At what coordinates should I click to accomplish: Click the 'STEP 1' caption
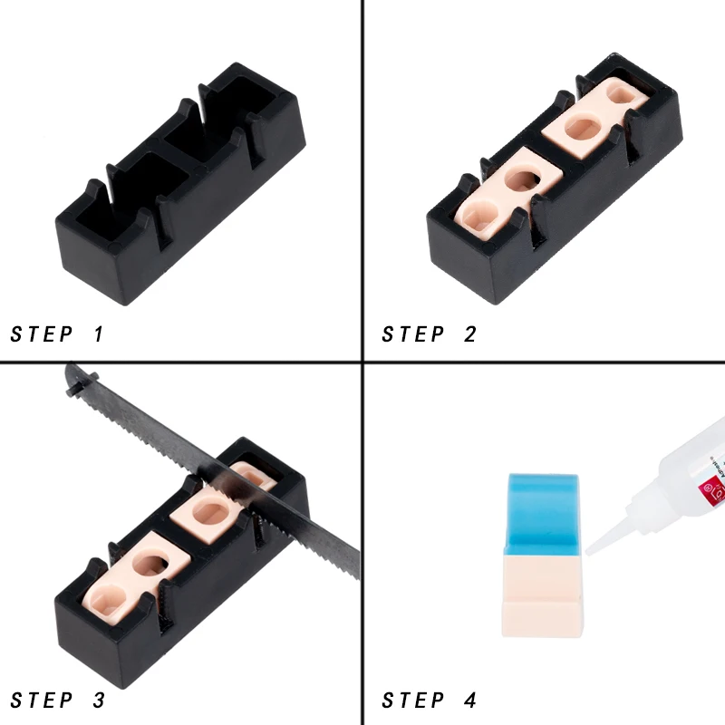coord(57,333)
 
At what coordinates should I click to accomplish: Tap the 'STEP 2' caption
coord(429,333)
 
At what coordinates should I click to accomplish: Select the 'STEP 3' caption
coord(57,701)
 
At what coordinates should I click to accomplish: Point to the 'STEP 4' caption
coord(429,701)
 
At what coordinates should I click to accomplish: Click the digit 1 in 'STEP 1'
coord(99,333)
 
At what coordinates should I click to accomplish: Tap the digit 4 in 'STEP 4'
coord(469,701)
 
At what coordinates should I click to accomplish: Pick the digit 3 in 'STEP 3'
coord(98,701)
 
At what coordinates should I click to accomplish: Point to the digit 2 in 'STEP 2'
coord(469,333)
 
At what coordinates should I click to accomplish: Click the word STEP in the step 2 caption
coord(412,333)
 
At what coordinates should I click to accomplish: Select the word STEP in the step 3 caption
coord(41,701)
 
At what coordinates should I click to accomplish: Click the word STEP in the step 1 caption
coord(41,333)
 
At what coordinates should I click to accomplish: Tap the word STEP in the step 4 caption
coord(412,701)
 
